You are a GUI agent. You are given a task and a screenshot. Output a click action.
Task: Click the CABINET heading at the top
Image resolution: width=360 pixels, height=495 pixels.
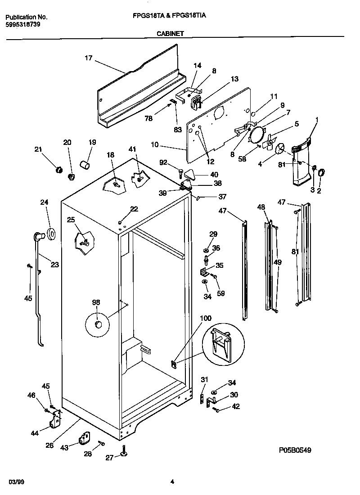[170, 33]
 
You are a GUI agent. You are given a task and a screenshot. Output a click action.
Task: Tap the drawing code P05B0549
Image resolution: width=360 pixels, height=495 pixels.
[295, 450]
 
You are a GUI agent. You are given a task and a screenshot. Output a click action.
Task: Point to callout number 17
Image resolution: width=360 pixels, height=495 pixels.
[88, 58]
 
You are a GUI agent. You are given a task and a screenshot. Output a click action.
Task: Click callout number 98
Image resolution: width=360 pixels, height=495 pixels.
[96, 302]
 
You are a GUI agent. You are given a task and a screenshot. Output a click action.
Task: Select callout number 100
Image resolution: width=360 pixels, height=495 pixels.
[205, 318]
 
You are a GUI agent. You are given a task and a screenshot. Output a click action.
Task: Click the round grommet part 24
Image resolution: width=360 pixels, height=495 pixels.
[51, 234]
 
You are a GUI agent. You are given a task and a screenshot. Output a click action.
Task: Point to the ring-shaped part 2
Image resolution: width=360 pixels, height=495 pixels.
[322, 172]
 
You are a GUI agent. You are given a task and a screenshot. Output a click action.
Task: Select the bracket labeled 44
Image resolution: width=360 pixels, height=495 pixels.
[55, 420]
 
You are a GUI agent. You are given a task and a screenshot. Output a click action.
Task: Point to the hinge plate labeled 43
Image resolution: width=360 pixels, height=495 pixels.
[85, 437]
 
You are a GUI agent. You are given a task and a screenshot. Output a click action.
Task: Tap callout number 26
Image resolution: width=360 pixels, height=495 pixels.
[49, 445]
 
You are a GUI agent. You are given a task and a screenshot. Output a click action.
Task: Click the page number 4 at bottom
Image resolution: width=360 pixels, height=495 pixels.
[172, 482]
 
